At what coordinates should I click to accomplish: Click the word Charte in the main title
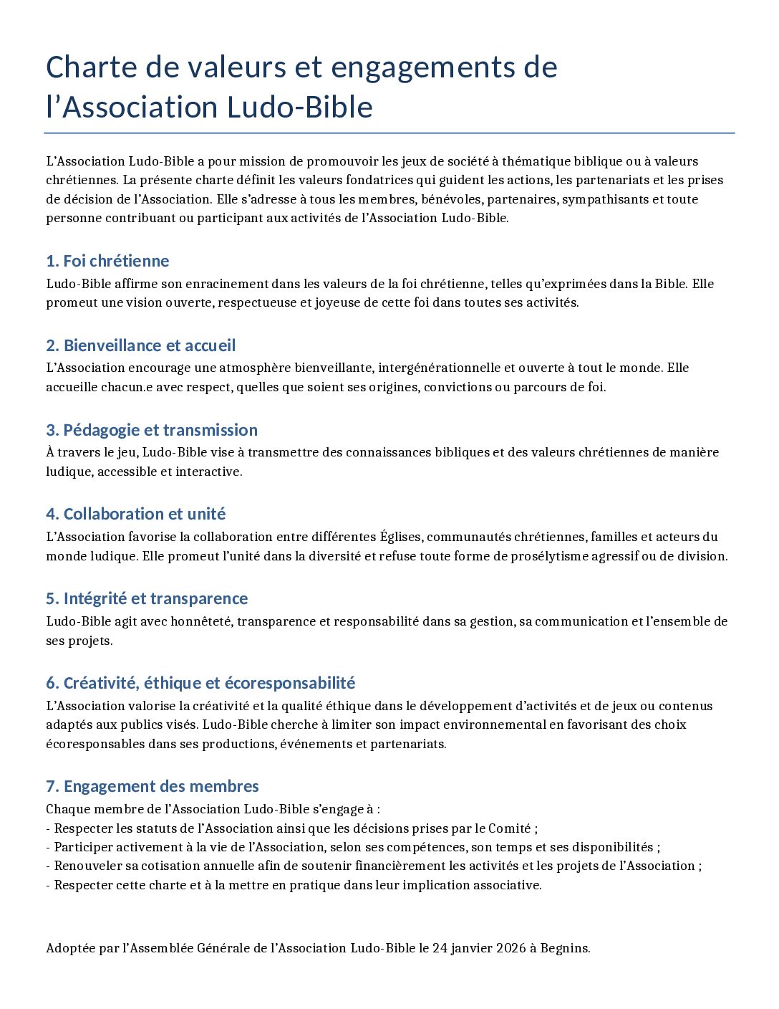[x=92, y=67]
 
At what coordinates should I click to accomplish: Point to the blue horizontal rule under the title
[x=389, y=133]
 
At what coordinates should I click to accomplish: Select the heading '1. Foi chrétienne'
[x=107, y=261]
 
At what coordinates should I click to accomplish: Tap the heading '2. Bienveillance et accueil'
[x=140, y=345]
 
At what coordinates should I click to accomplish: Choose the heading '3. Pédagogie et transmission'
[x=151, y=430]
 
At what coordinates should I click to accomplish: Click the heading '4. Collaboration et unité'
[x=135, y=514]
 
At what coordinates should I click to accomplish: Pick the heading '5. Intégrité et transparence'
[x=147, y=598]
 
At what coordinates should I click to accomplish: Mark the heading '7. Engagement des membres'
[x=152, y=786]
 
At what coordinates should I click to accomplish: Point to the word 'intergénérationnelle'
[x=439, y=368]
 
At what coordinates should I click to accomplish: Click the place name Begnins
[x=565, y=948]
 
